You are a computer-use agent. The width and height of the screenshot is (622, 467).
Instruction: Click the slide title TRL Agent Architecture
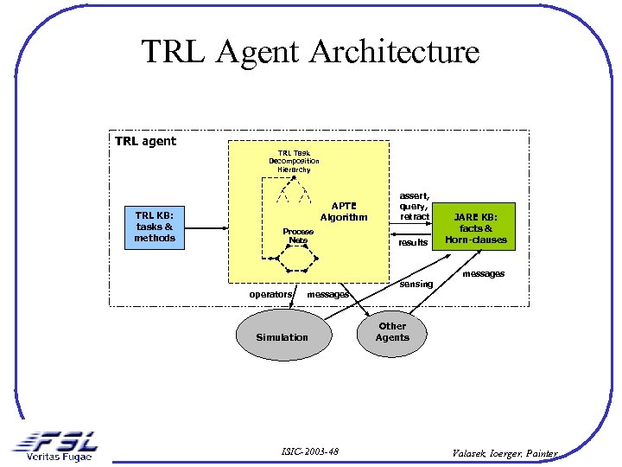click(x=310, y=52)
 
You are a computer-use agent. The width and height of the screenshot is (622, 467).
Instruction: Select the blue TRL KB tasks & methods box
click(x=155, y=227)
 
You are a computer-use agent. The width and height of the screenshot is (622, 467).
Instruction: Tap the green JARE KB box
click(x=475, y=227)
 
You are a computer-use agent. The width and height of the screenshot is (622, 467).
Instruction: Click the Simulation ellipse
click(x=282, y=336)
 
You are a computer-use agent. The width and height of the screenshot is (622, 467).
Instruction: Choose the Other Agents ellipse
click(x=392, y=332)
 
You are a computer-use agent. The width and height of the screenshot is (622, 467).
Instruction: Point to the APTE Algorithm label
click(x=343, y=212)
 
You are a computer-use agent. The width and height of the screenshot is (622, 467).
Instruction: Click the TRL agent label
click(x=145, y=141)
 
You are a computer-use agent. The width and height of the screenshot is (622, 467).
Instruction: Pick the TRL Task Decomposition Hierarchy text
click(x=294, y=161)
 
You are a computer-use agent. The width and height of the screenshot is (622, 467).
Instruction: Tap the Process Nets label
click(x=298, y=235)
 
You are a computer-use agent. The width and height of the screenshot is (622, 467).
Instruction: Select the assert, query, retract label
click(x=414, y=206)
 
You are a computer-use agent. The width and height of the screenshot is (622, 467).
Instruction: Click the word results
click(x=413, y=243)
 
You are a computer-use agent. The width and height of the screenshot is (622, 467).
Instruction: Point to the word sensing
click(x=416, y=284)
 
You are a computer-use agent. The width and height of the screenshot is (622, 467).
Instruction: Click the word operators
click(x=270, y=295)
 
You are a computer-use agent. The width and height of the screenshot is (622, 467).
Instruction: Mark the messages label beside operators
click(x=328, y=295)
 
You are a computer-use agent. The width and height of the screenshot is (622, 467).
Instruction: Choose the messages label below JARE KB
click(x=483, y=274)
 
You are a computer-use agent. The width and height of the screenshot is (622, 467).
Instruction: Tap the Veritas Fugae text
click(x=59, y=457)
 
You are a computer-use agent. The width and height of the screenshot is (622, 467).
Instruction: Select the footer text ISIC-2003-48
click(x=310, y=451)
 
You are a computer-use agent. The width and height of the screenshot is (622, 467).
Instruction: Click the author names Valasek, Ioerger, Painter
click(x=506, y=452)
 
